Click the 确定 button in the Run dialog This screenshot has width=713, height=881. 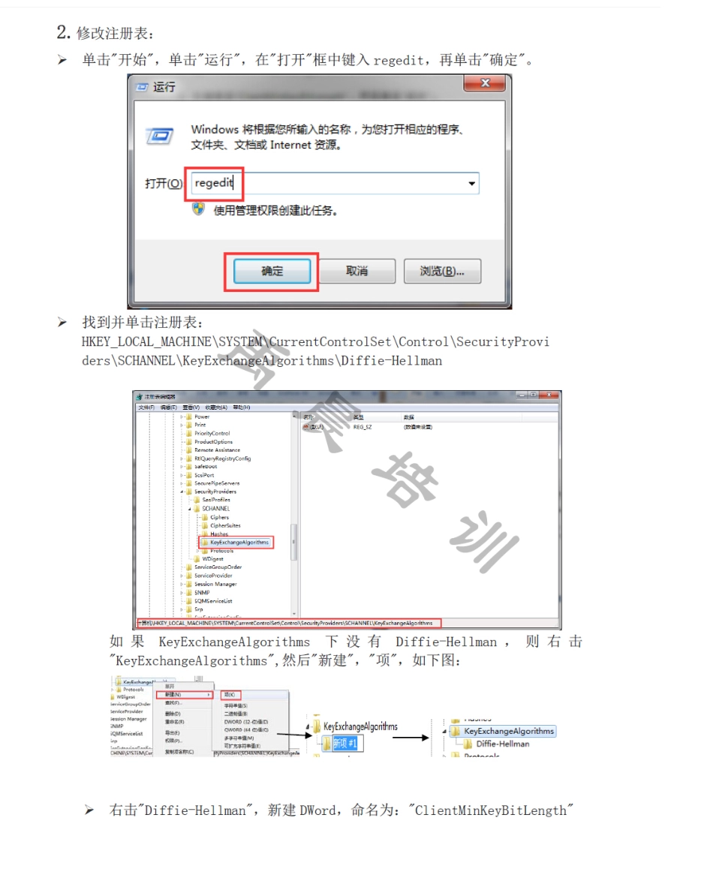(x=272, y=271)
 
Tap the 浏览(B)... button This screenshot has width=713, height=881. (x=442, y=271)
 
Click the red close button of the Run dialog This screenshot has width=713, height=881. (x=484, y=83)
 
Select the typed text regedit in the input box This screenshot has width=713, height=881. (x=214, y=183)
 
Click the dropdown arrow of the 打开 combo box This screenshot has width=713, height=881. (x=471, y=184)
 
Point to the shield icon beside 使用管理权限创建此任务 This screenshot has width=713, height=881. (x=199, y=209)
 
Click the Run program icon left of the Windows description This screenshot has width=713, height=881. (x=159, y=137)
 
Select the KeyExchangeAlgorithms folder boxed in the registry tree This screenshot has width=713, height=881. (x=239, y=542)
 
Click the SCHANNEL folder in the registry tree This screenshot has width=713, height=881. (x=215, y=508)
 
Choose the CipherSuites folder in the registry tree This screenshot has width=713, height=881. (x=225, y=525)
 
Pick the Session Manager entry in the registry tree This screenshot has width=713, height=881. (x=215, y=584)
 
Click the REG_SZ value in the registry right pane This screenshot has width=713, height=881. (x=362, y=426)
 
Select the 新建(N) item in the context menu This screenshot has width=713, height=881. (x=173, y=694)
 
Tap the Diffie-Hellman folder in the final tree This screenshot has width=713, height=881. (x=502, y=744)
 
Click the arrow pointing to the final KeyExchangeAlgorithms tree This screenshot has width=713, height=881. (x=411, y=738)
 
